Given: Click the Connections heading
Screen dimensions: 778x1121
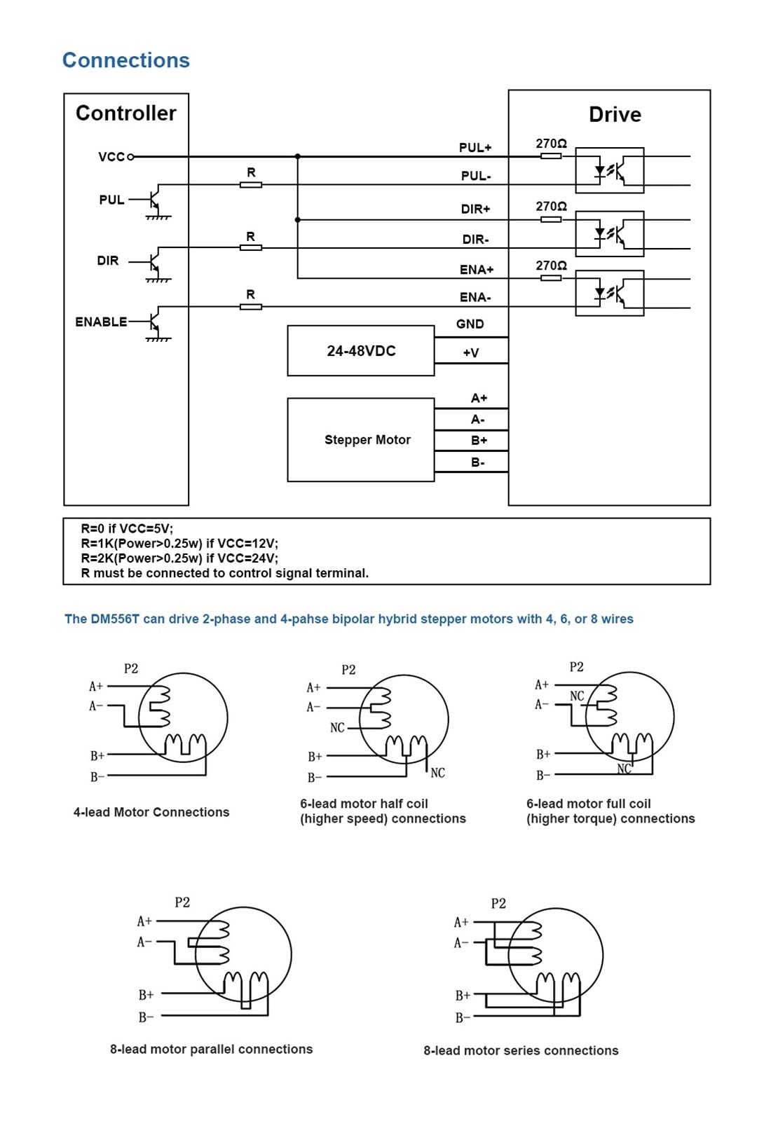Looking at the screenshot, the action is pos(125,60).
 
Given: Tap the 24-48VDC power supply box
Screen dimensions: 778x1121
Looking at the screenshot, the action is pos(360,350).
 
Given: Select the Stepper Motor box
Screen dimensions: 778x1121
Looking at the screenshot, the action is pos(360,440).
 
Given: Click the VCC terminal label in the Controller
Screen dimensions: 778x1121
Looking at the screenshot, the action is pos(111,157).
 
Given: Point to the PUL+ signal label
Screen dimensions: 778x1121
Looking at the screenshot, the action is pos(475,148).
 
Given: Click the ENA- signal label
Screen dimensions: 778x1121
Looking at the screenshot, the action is pos(475,297).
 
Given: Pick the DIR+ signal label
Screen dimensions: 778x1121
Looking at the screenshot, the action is pos(475,209).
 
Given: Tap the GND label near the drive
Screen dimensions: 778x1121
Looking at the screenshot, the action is pos(470,324).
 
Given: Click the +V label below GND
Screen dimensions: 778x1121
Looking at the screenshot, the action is pos(470,353).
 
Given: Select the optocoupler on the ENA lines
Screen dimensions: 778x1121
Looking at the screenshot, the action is pos(609,293).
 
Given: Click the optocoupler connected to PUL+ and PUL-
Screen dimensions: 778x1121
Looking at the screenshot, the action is pos(609,170).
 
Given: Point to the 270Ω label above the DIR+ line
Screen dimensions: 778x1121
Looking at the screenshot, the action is pos(551,206).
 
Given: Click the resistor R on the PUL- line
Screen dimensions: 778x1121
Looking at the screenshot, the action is pos(251,185).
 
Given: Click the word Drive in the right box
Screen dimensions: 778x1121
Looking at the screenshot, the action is pos(615,115).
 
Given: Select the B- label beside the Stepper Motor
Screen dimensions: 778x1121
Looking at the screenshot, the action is pos(477,462).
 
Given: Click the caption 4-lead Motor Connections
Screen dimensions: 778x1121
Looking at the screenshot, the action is pos(151,812).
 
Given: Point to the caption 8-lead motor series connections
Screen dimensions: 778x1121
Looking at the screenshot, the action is pos(521,1050).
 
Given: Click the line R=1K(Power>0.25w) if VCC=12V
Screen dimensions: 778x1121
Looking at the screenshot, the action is pos(179,544).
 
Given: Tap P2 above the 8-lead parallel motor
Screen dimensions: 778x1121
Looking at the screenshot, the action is pos(182,902).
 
